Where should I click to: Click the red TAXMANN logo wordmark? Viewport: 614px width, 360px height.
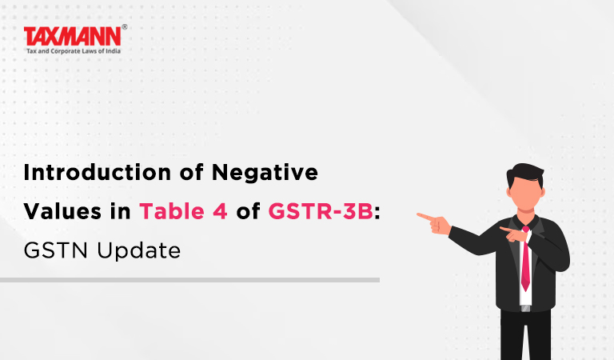[73, 37]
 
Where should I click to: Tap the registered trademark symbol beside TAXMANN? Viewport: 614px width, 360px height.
[125, 26]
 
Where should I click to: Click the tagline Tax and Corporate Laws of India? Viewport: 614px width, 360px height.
[74, 51]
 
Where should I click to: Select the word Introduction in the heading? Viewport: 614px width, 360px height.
[97, 172]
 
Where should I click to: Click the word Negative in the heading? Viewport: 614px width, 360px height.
[265, 172]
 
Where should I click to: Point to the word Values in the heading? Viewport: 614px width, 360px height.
[62, 211]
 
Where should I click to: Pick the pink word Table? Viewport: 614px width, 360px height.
[172, 211]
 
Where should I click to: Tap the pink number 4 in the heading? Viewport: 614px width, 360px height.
[220, 211]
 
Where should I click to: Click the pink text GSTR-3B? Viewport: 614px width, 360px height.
[321, 211]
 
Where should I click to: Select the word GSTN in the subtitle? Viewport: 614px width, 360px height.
[56, 250]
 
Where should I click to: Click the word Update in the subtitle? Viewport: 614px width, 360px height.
[139, 251]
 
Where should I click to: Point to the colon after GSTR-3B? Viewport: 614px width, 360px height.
[377, 213]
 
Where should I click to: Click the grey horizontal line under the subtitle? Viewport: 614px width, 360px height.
[190, 280]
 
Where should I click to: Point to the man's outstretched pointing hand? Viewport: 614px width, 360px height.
[434, 222]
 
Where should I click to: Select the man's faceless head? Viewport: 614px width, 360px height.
[525, 187]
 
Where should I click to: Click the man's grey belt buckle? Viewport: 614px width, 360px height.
[525, 308]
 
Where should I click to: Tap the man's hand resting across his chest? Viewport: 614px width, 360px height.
[514, 234]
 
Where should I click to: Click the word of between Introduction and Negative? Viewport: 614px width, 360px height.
[192, 172]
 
